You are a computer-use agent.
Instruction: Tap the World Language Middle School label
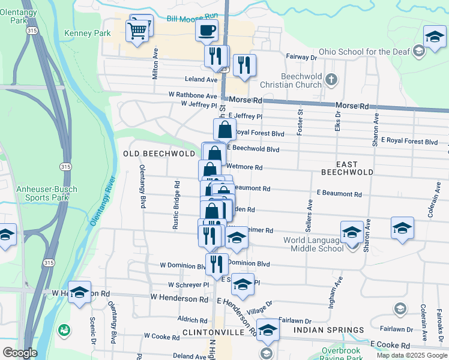point(313,245)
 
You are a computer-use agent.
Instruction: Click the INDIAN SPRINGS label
point(328,330)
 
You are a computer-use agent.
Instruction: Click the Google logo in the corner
point(19,353)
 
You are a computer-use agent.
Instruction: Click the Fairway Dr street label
point(301,58)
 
